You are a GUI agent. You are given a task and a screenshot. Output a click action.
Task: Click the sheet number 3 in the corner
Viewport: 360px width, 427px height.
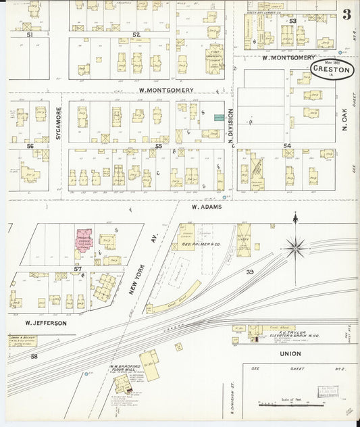(x=346, y=15)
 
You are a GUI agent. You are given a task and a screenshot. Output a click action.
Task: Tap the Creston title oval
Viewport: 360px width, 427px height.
(x=332, y=68)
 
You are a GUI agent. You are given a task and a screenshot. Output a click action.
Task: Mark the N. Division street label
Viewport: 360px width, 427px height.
(x=230, y=124)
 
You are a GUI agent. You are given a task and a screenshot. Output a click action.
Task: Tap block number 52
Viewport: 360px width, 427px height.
(x=136, y=34)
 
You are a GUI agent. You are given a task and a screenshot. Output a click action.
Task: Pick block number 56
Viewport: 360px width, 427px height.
(x=30, y=146)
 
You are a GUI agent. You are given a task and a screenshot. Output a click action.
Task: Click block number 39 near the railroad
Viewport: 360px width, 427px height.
(x=249, y=272)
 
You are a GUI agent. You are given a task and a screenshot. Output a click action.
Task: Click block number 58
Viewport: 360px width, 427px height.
(x=34, y=355)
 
